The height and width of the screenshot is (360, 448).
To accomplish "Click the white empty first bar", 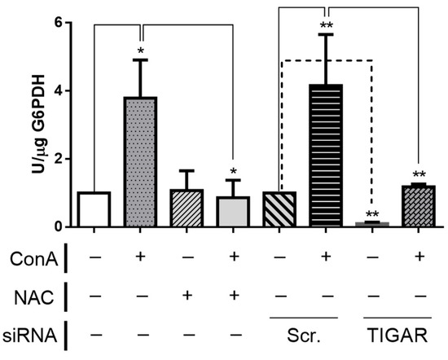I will point(94,209).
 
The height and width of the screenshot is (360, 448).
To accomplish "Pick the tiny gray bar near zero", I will point(372,223).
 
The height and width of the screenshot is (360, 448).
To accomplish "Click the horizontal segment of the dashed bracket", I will point(326,60).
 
